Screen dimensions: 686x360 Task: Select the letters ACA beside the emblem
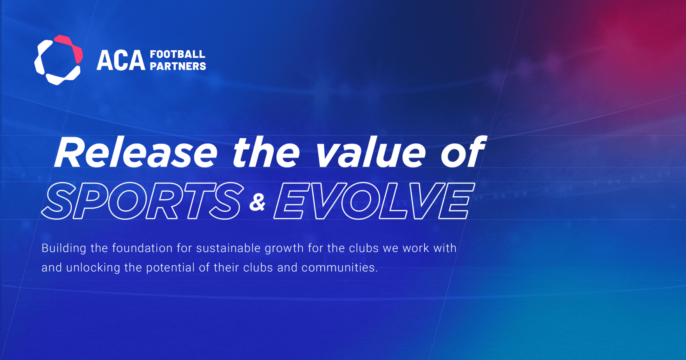(121, 61)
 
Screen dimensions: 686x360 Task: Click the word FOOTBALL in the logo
(178, 54)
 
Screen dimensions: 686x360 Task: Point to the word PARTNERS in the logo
(178, 66)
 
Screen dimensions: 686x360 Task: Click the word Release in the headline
(136, 153)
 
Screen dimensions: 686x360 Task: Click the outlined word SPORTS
(142, 201)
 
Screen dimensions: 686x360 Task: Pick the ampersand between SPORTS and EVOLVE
(257, 203)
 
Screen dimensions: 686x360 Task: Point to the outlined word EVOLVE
(374, 201)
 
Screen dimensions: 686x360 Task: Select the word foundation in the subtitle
(142, 248)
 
